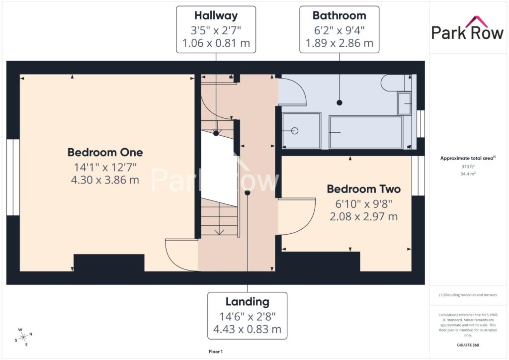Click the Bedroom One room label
tap(105, 152)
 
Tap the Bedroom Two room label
tap(363, 189)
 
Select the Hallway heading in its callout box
tap(216, 15)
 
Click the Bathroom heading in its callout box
tap(339, 15)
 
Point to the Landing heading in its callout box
tap(248, 302)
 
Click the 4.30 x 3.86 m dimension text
tap(105, 180)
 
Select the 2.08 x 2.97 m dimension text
tap(363, 216)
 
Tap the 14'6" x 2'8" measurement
tap(248, 316)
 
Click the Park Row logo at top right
tap(467, 28)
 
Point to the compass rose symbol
tap(23, 337)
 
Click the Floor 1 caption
tap(216, 352)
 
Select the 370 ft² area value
tap(468, 167)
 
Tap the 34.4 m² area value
tap(468, 174)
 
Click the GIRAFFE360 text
tap(468, 345)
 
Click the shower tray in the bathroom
tap(301, 130)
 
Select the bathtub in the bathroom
tap(366, 132)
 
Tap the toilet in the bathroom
tap(396, 83)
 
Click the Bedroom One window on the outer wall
tap(13, 177)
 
